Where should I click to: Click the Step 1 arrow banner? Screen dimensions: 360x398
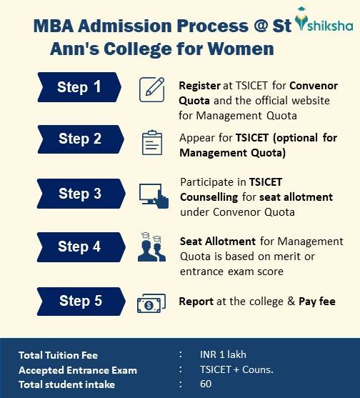click(x=79, y=87)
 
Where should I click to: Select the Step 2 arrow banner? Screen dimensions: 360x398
click(x=81, y=139)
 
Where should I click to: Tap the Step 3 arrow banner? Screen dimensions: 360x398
click(x=81, y=194)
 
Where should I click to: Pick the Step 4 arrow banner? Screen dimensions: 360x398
click(x=81, y=247)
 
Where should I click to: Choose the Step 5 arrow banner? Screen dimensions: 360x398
click(x=81, y=302)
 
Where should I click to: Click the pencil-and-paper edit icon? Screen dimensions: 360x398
click(x=151, y=89)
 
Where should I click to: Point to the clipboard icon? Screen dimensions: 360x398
click(x=152, y=142)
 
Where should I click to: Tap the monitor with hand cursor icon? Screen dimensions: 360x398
click(x=154, y=196)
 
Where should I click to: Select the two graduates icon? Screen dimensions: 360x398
click(x=151, y=247)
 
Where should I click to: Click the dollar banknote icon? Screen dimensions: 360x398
click(x=151, y=303)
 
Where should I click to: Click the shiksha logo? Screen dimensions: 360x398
click(x=324, y=20)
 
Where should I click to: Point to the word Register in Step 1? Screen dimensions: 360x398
click(x=199, y=86)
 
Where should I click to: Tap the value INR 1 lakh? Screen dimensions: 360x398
click(x=223, y=354)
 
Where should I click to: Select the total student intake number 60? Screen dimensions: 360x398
click(x=206, y=384)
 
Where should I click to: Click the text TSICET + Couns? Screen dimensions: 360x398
click(x=236, y=369)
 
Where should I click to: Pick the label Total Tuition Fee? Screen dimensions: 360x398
click(x=58, y=355)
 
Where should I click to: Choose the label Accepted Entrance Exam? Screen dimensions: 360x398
click(x=78, y=370)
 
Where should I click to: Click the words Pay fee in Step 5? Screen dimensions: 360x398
click(x=317, y=302)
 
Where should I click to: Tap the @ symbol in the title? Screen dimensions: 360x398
click(x=261, y=26)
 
